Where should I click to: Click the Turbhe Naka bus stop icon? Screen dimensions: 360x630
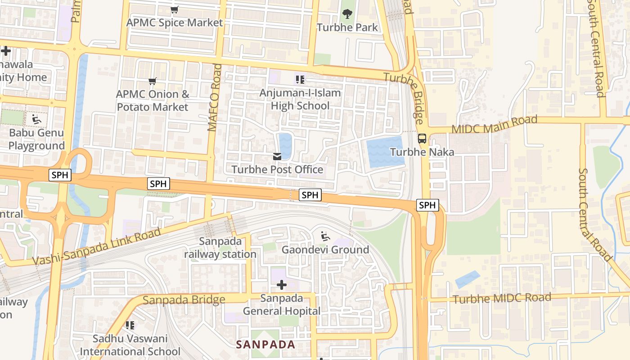tap(422, 139)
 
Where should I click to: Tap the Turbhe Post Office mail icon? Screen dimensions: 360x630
tap(277, 157)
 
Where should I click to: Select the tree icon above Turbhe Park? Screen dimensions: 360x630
tap(347, 14)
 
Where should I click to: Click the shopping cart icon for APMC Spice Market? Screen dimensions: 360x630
tap(175, 9)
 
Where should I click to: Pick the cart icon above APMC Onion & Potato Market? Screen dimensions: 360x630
tap(153, 81)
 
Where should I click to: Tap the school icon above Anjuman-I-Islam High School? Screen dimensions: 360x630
tap(300, 80)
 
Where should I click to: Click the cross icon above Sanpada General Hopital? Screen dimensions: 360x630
tap(282, 285)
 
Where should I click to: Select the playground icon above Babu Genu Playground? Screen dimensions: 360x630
tap(36, 120)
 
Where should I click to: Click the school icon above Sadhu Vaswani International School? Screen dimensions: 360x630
tap(130, 325)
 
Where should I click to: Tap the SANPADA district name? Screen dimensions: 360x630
tap(265, 345)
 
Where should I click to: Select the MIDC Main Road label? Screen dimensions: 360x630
tap(494, 124)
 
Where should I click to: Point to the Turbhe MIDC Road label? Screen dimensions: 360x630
tap(502, 298)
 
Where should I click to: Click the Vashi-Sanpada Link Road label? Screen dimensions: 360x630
tap(97, 247)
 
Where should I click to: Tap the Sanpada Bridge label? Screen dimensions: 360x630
tap(184, 300)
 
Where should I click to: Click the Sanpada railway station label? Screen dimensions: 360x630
tap(220, 247)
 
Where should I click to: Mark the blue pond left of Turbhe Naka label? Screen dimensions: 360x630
tap(385, 152)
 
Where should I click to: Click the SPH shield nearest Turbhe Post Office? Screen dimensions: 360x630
tap(310, 195)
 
